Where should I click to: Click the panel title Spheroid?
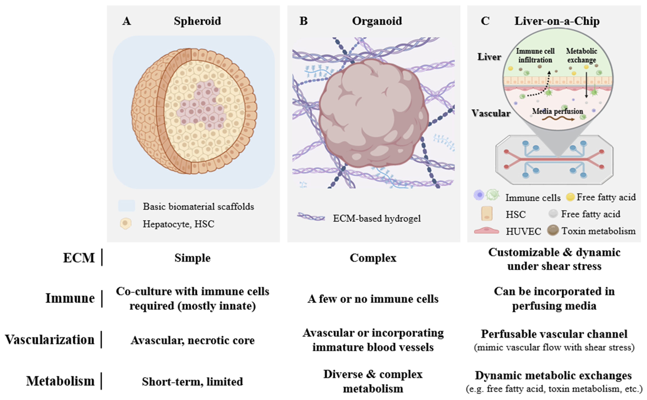click(197, 21)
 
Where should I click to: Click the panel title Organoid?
click(377, 21)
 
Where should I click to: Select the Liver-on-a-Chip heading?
click(557, 21)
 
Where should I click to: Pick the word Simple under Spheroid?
click(192, 258)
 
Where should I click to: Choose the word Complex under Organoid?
click(373, 258)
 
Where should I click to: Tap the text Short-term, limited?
click(192, 381)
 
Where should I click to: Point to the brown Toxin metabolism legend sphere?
click(553, 230)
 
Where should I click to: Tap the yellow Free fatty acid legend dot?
click(570, 197)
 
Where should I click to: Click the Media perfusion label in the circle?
click(557, 111)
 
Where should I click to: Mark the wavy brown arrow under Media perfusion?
click(558, 119)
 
